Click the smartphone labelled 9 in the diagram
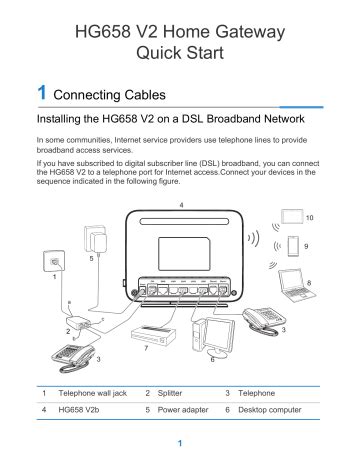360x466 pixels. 292,245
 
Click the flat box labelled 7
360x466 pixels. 160,333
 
